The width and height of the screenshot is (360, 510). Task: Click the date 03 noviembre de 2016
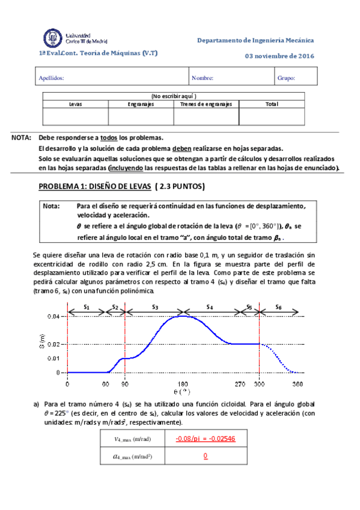point(279,57)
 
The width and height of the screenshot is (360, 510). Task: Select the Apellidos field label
point(51,78)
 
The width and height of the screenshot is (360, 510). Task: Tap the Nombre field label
point(203,78)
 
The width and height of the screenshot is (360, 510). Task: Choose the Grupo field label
point(286,78)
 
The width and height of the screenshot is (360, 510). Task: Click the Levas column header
point(76,104)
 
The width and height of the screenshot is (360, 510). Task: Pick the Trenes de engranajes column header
point(206,104)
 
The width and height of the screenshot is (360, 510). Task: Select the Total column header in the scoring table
point(272,104)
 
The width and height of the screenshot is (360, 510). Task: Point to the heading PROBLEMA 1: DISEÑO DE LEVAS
point(122,186)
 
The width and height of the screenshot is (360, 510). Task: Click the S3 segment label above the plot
point(154,307)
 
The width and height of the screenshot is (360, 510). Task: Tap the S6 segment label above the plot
point(278,307)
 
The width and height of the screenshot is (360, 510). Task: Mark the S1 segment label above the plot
point(86,307)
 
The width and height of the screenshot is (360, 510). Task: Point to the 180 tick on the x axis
point(183,384)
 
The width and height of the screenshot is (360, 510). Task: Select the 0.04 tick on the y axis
point(53,316)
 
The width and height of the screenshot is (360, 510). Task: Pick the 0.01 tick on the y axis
point(53,358)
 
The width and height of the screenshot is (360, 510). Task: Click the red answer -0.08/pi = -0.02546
point(205,438)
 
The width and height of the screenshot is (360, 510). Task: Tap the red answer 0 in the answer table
point(205,456)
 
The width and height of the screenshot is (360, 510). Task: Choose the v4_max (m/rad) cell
point(131,438)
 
